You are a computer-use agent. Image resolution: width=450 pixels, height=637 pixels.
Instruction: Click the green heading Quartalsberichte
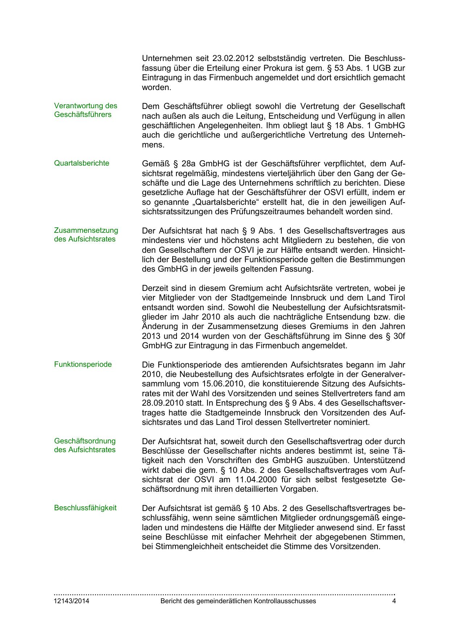[82, 163]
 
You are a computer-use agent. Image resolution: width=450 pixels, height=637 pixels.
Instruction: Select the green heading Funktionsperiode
[83, 365]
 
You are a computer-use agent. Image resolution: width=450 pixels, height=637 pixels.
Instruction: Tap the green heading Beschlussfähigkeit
[85, 508]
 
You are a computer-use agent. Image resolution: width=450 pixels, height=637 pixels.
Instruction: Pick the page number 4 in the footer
[394, 601]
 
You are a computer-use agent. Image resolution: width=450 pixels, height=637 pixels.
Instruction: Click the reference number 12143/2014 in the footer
[71, 601]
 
